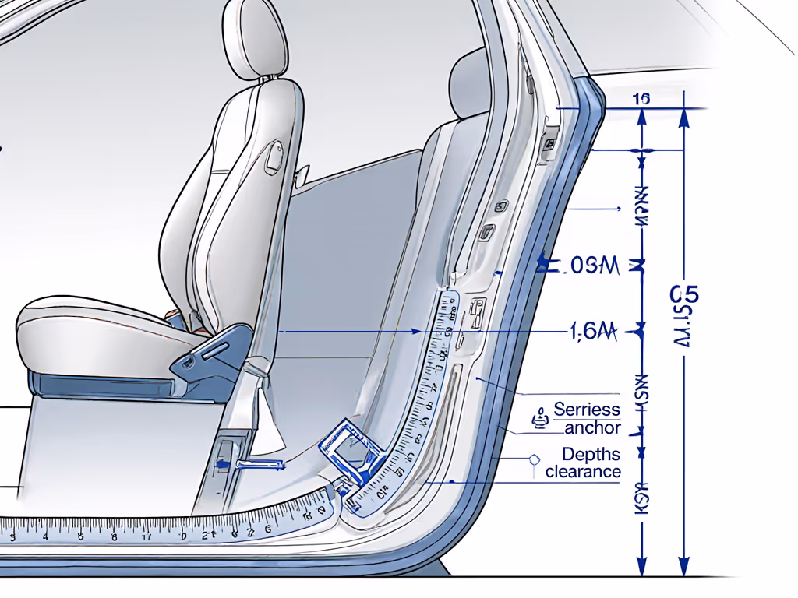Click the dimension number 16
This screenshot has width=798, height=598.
(x=642, y=99)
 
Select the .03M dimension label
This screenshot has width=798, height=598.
(x=590, y=267)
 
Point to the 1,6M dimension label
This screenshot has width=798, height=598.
(x=593, y=332)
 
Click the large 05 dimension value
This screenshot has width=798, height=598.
(x=684, y=295)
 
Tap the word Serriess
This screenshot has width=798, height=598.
(x=587, y=410)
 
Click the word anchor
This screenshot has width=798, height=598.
(x=593, y=427)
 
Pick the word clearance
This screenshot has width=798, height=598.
(x=583, y=472)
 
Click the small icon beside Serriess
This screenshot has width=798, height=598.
(x=538, y=418)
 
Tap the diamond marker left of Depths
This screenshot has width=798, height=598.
(x=534, y=459)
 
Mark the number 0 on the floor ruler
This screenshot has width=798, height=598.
(x=183, y=536)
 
